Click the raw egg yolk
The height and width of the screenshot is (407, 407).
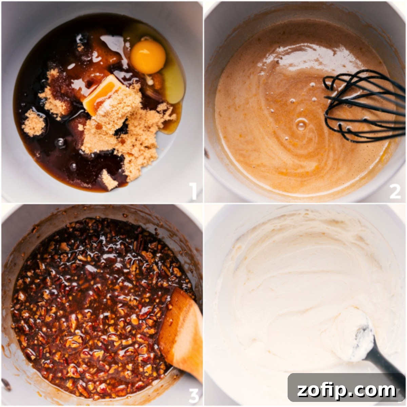[148, 57]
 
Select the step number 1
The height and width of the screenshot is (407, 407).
[193, 191]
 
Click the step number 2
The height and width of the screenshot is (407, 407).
[395, 191]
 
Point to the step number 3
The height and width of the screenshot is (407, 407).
[193, 394]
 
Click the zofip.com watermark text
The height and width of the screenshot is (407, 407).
[346, 390]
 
